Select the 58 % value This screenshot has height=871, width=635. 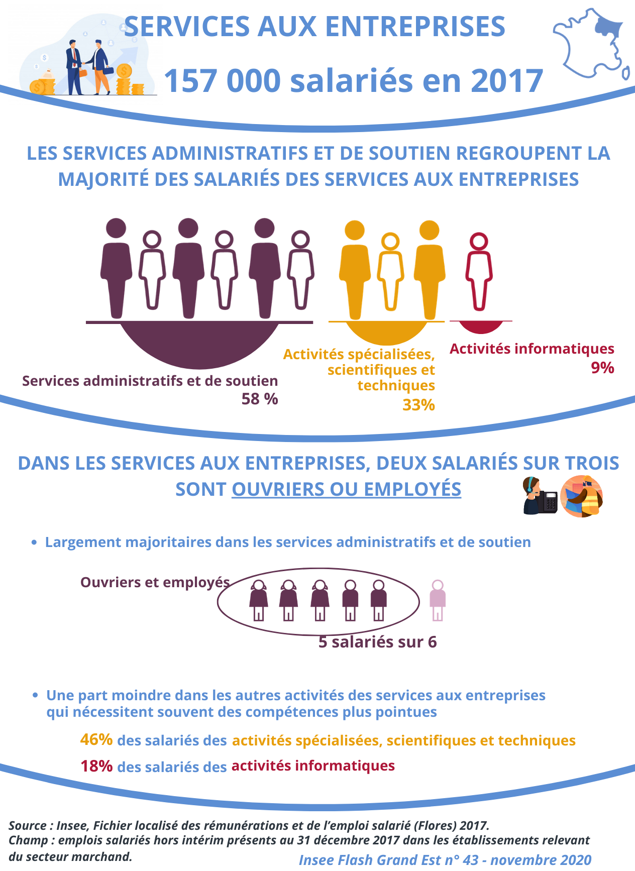coord(260,399)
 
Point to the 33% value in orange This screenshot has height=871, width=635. coord(418,405)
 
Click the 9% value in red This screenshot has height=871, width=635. coord(602,368)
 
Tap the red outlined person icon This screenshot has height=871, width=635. coord(479,271)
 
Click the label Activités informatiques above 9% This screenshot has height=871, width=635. coord(532,349)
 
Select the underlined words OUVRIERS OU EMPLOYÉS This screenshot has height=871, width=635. coord(346,489)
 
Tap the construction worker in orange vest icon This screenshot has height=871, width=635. coord(582,496)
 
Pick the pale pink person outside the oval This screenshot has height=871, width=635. coord(438,600)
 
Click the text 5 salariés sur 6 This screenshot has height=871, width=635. coord(378,642)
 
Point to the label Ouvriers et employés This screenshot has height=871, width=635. coord(155,582)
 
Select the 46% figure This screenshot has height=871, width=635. coord(96,739)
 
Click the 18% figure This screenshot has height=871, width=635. coord(96,766)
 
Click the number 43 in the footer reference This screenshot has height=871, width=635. coord(471,859)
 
